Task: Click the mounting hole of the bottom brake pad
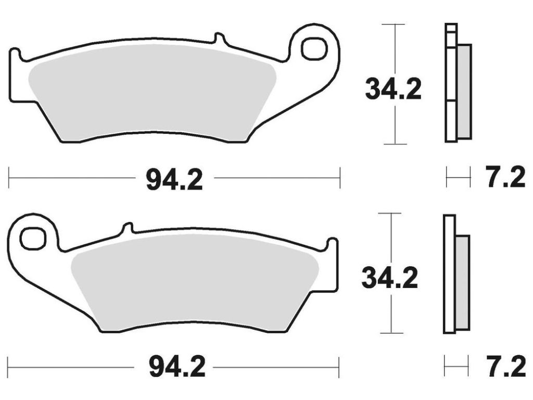(x=33, y=238)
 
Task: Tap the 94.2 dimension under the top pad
(x=174, y=180)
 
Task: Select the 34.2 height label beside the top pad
(x=394, y=89)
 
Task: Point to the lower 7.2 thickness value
(x=506, y=367)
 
